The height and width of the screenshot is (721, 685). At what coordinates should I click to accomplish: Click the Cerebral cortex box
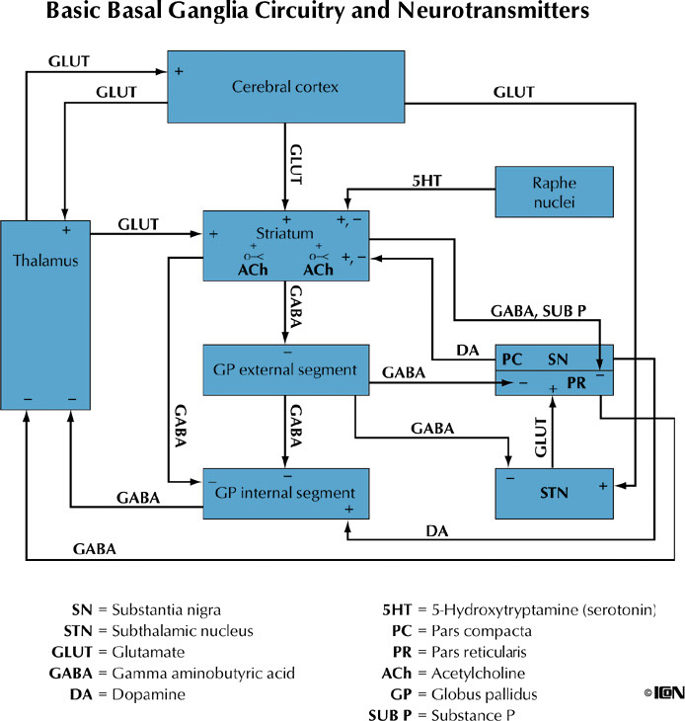(x=285, y=87)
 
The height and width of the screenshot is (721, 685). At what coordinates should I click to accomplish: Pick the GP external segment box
(x=284, y=369)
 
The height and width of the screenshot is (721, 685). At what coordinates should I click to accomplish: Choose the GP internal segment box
(x=284, y=492)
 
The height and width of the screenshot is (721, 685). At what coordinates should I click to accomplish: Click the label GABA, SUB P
(x=538, y=309)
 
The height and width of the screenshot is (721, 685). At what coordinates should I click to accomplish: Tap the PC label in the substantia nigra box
(x=512, y=360)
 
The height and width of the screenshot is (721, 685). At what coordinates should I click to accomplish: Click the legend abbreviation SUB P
(x=393, y=714)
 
